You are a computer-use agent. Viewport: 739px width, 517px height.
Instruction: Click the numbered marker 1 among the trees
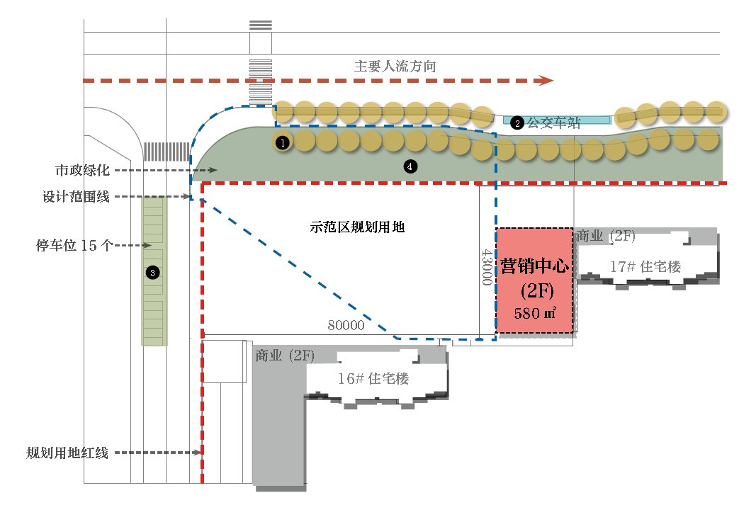[x=282, y=142]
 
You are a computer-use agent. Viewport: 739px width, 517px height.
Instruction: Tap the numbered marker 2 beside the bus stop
[x=517, y=123]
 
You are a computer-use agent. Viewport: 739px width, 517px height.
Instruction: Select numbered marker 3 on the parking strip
[x=152, y=273]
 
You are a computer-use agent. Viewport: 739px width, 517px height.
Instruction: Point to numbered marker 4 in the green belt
[x=410, y=166]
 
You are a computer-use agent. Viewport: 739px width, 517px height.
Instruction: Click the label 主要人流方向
[x=395, y=67]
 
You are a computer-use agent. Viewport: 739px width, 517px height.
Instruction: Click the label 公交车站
[x=553, y=123]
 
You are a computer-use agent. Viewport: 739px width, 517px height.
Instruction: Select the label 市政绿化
[x=82, y=170]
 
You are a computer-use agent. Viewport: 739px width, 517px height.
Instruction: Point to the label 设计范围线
[x=76, y=196]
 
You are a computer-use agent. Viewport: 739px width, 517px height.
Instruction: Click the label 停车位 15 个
[x=74, y=245]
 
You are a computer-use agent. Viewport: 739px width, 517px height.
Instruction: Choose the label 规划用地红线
[x=67, y=453]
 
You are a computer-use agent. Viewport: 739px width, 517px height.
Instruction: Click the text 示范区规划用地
[x=357, y=227]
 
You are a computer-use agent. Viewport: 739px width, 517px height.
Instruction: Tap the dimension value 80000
[x=346, y=325]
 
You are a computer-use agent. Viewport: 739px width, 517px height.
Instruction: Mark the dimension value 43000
[x=487, y=267]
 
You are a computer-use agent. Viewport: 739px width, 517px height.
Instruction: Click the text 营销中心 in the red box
[x=534, y=266]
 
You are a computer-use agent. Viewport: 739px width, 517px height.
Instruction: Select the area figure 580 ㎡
[x=535, y=313]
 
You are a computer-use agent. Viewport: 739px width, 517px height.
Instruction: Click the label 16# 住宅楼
[x=373, y=378]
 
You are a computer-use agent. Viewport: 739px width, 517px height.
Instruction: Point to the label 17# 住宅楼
[x=645, y=267]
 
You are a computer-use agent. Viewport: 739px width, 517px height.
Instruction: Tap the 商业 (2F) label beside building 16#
[x=285, y=356]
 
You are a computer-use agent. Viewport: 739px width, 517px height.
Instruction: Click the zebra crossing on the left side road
[x=167, y=152]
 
